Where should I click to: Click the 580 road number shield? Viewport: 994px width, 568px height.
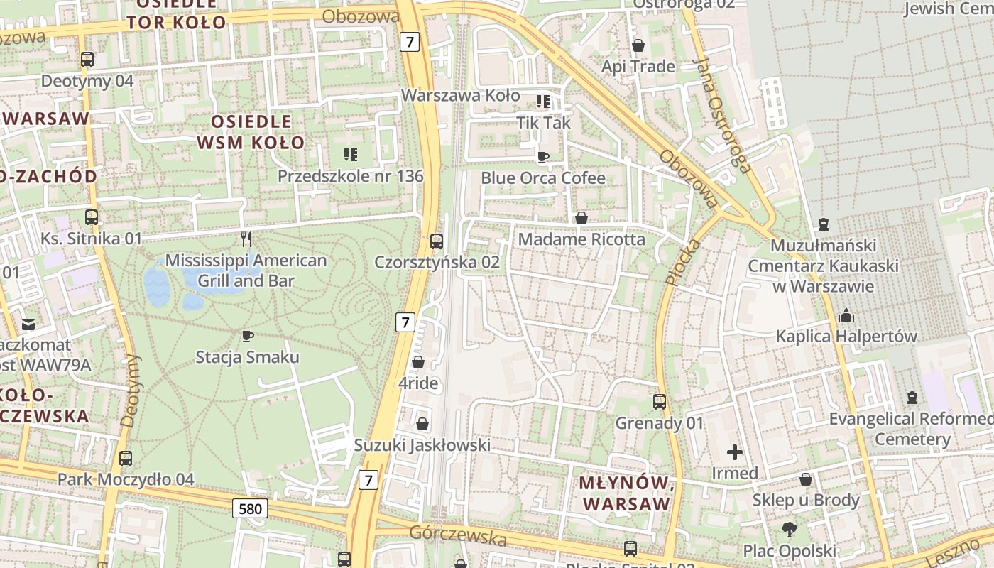[250, 508]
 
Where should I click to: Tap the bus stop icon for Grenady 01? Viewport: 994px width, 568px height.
[660, 402]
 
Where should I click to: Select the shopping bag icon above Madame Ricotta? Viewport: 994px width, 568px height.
[581, 218]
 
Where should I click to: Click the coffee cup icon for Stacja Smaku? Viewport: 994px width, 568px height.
[247, 336]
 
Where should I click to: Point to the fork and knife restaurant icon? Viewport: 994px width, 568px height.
[246, 239]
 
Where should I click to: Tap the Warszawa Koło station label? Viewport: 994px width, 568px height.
[460, 95]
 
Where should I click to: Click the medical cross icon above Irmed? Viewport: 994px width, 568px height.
[735, 452]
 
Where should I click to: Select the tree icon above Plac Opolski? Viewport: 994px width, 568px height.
[789, 529]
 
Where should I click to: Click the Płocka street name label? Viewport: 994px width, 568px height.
[682, 262]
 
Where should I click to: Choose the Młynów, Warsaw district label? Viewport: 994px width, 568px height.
[625, 493]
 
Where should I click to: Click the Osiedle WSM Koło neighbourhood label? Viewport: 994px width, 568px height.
[251, 132]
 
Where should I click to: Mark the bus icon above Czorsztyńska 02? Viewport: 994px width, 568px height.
[437, 241]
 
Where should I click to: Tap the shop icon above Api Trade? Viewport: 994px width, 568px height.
[638, 45]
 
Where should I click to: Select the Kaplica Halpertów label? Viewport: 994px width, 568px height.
[846, 336]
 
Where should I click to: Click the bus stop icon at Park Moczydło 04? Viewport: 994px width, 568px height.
[126, 459]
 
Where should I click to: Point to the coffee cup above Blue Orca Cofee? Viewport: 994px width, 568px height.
[543, 157]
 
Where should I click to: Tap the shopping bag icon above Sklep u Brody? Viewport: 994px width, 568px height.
[806, 479]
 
